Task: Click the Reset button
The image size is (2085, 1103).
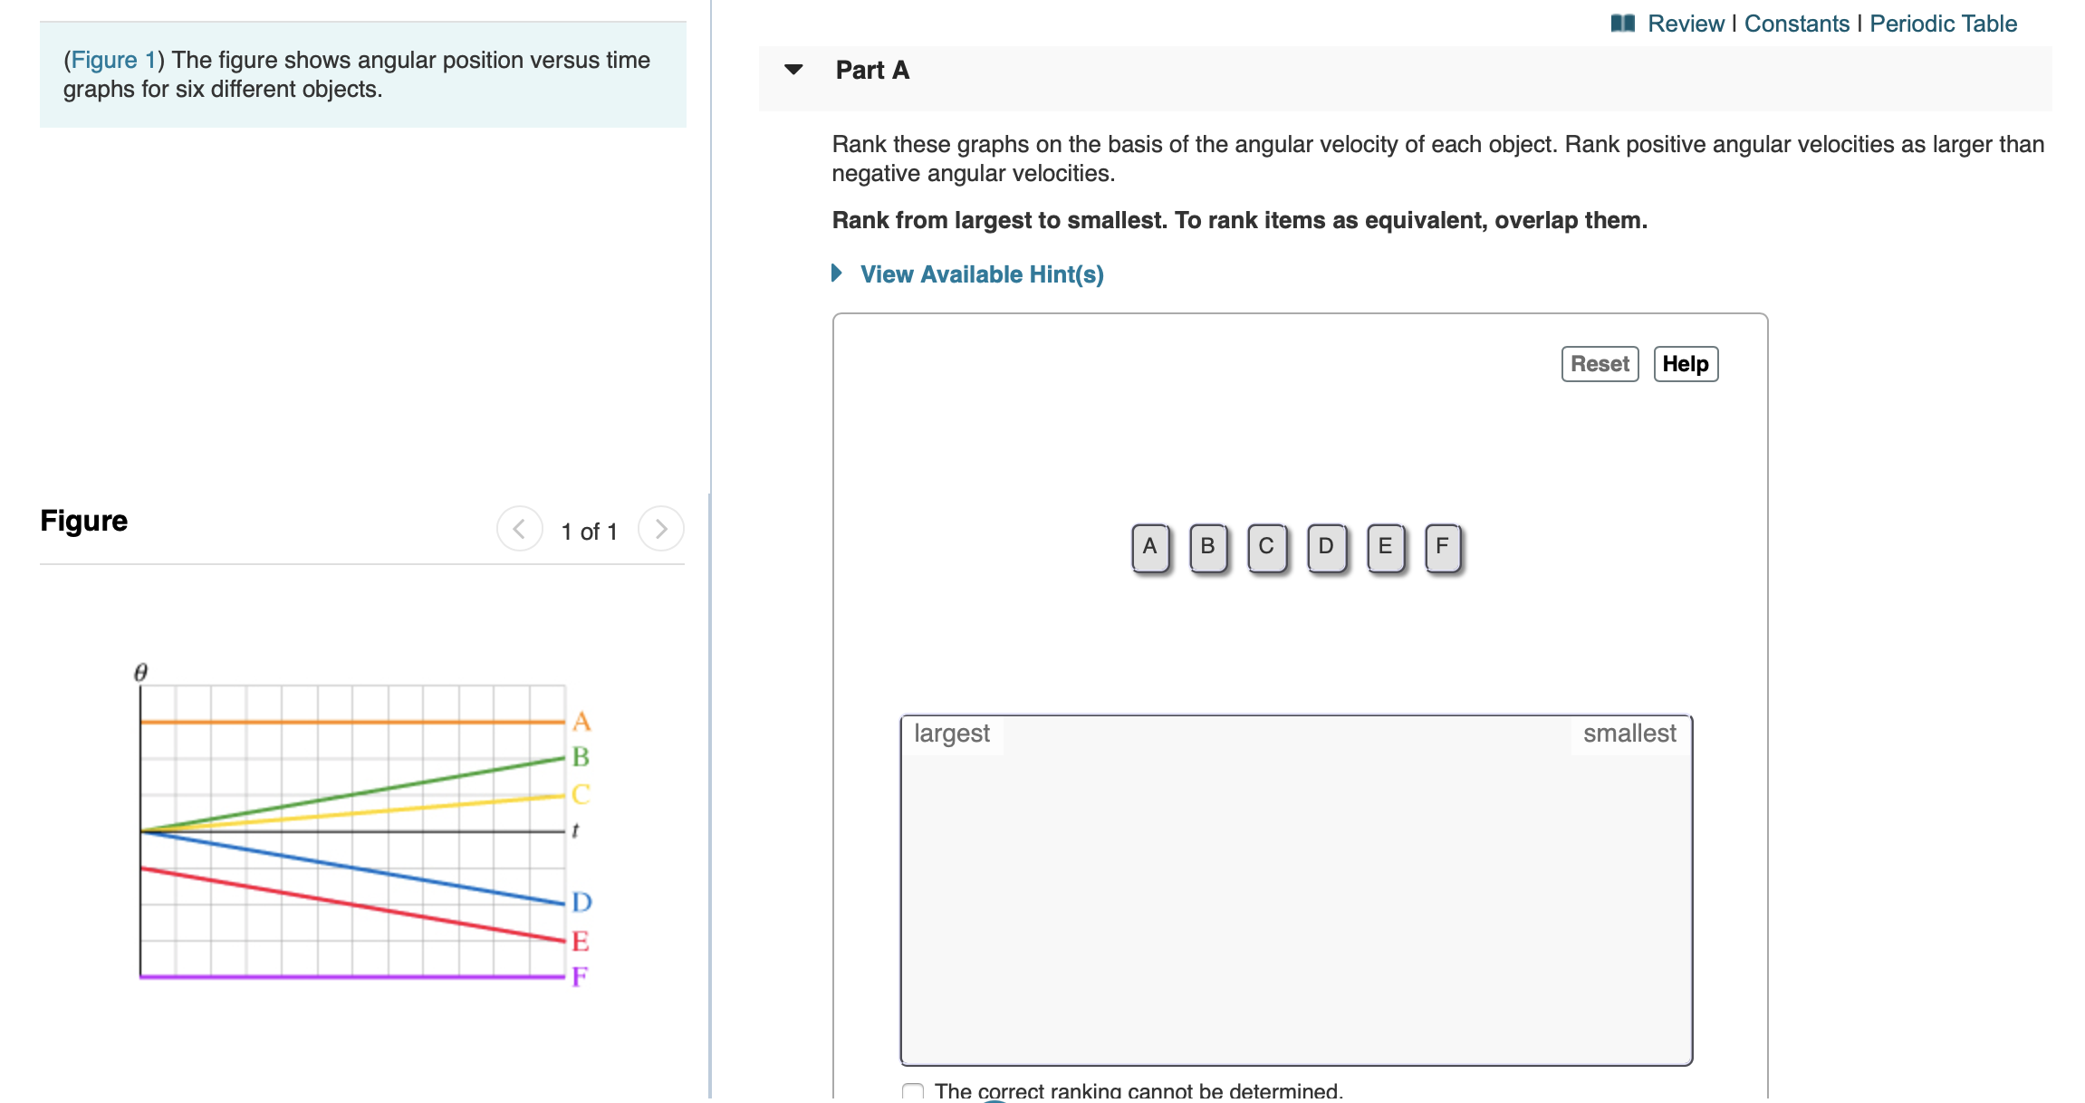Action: tap(1599, 364)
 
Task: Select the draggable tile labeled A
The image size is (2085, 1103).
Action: tap(1149, 547)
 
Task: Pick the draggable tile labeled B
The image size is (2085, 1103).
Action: tap(1207, 547)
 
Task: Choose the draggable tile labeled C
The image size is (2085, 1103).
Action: tap(1266, 547)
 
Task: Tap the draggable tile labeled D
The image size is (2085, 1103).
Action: tap(1326, 547)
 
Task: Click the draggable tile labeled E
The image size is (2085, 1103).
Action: tap(1385, 547)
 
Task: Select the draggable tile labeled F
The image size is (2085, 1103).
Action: tap(1442, 547)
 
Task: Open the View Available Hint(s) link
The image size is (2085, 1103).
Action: tap(981, 274)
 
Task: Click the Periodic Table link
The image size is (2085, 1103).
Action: tap(1943, 24)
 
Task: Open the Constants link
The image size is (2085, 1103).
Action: tap(1796, 24)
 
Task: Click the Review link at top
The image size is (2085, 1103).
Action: tap(1685, 24)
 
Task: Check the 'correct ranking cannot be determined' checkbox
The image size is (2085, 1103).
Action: tap(913, 1091)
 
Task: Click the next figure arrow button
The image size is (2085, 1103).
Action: tap(660, 529)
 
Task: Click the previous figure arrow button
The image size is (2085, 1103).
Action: tap(519, 529)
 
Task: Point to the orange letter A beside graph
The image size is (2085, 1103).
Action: tap(581, 722)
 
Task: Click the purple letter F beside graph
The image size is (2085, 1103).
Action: tap(579, 976)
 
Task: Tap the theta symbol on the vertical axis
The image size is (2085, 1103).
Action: tap(140, 672)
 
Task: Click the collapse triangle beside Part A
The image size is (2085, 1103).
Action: tap(793, 70)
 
